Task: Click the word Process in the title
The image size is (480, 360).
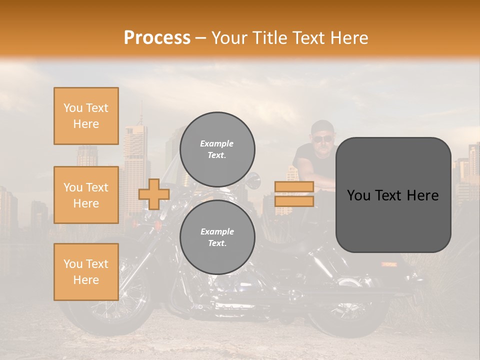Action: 157,38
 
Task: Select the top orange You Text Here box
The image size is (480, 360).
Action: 86,116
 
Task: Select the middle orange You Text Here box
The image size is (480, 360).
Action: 86,195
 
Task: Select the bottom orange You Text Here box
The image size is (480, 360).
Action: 86,271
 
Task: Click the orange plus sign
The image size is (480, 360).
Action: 153,194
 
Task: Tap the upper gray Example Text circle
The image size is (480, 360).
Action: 217,149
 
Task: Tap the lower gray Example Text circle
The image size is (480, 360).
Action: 217,237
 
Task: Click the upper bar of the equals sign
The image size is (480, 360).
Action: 294,186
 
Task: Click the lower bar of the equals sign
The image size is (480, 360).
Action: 294,201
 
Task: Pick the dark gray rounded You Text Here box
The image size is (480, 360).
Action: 393,194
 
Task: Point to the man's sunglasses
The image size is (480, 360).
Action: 322,138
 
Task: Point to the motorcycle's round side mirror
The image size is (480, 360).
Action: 253,178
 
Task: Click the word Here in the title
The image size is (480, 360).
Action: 350,38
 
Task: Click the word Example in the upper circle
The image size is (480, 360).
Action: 216,143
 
